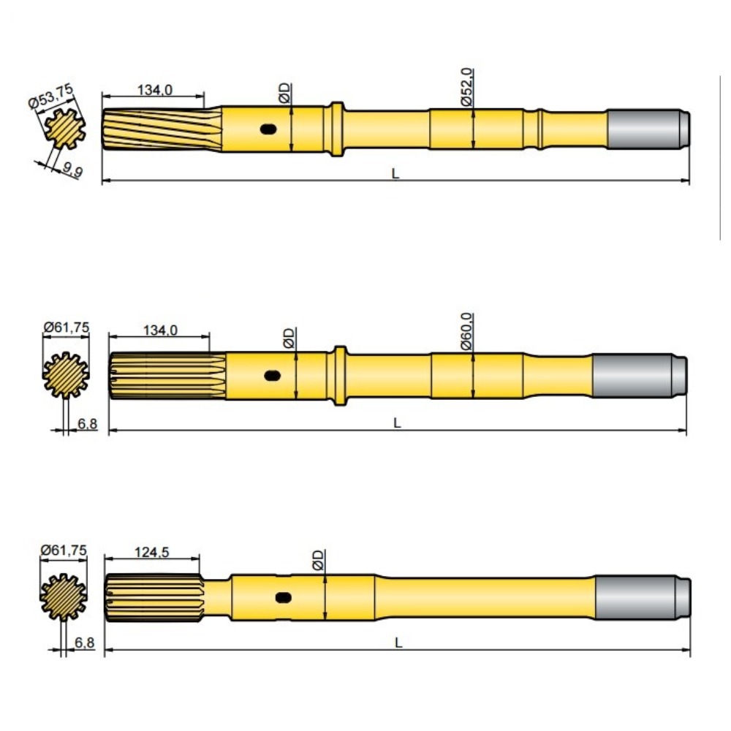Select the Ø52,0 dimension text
(x=468, y=87)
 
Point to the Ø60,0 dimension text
(x=468, y=332)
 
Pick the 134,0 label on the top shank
(x=155, y=89)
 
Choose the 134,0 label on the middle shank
(x=160, y=330)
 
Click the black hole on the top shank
(x=268, y=129)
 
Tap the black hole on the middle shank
(x=272, y=376)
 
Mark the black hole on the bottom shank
(x=284, y=597)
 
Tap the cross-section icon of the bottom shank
(x=64, y=597)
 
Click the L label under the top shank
(x=395, y=174)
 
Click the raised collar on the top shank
(x=335, y=129)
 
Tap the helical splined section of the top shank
(x=161, y=129)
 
